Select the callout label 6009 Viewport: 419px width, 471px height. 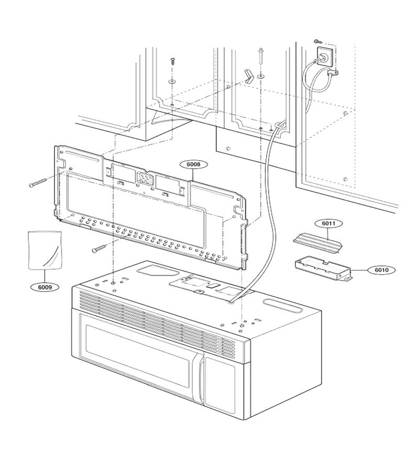[45, 287]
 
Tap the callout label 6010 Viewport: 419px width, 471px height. [381, 270]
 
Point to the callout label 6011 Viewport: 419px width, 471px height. [328, 223]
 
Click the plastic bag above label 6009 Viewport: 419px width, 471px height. [45, 250]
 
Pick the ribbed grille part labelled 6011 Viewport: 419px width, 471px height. [318, 242]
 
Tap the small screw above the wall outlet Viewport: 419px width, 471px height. [316, 41]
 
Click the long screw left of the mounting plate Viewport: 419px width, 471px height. [38, 183]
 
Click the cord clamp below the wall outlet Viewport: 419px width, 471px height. [333, 72]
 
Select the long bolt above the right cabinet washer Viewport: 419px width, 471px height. [260, 56]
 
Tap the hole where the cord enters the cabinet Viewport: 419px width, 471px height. [278, 125]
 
